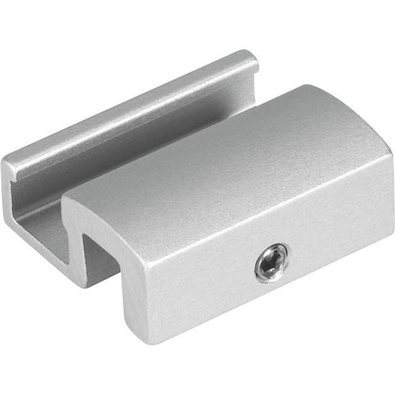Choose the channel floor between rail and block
tap(43, 229)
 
